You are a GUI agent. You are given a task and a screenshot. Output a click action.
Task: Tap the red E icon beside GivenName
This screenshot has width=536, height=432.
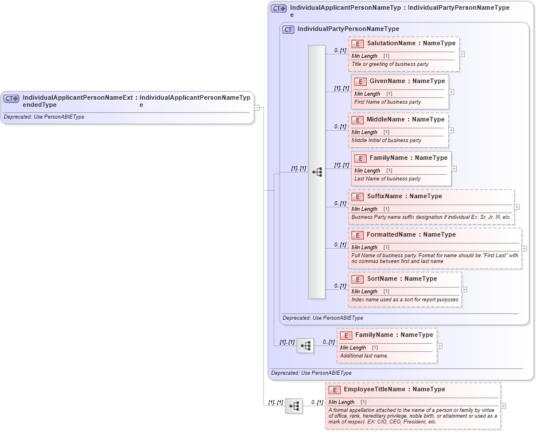tap(360, 81)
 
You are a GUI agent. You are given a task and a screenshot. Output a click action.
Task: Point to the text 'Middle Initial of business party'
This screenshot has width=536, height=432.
tap(386, 140)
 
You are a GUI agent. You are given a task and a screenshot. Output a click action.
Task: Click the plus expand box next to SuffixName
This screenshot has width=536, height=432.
tap(516, 207)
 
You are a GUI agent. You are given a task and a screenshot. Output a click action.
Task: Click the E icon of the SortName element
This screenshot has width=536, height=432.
tap(358, 279)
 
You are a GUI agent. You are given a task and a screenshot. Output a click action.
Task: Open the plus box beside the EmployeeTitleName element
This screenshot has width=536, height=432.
tap(503, 406)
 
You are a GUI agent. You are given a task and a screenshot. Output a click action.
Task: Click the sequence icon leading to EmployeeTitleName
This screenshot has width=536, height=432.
tap(294, 406)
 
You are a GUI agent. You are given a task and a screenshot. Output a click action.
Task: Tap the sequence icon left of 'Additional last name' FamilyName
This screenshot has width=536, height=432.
tap(305, 345)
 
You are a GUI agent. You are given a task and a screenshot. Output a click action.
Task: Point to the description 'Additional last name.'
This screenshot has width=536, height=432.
tap(364, 356)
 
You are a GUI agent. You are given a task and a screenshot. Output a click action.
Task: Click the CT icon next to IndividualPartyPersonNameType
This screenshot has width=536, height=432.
tap(288, 29)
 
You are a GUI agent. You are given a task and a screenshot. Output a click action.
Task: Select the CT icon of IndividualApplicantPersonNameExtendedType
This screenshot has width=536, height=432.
tap(11, 98)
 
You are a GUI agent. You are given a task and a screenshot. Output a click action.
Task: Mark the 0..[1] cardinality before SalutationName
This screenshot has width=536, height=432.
tap(340, 50)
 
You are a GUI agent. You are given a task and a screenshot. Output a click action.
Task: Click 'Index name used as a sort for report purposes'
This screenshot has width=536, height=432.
tap(405, 300)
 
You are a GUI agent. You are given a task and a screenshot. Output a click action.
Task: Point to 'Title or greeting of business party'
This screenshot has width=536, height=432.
tap(390, 64)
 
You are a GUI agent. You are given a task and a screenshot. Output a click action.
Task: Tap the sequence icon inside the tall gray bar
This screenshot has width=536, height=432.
tap(317, 172)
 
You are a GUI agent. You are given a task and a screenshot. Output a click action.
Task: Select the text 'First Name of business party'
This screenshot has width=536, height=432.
tap(387, 102)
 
